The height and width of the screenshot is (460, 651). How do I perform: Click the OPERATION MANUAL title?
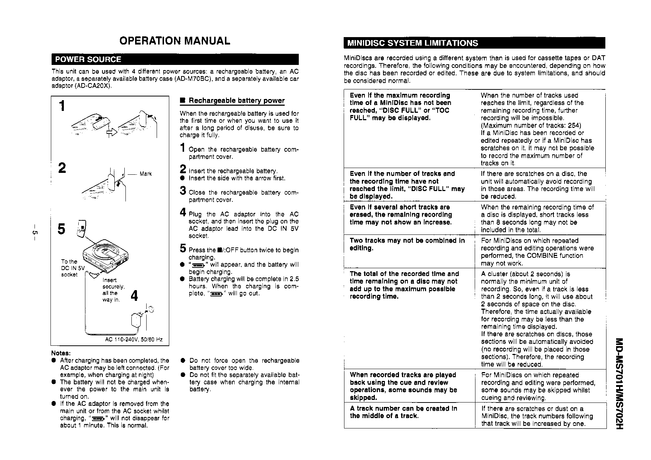coord(174,40)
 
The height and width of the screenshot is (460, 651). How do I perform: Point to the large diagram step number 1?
coord(62,106)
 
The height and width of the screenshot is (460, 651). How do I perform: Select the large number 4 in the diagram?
coord(135,296)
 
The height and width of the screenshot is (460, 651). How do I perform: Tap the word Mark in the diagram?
coord(145,174)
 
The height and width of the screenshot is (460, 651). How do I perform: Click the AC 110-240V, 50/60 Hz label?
coord(134,340)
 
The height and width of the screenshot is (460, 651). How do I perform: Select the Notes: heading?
coord(61,353)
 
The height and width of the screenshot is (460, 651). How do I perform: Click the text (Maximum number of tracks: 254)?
coord(531,125)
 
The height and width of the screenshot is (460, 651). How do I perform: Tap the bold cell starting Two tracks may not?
coord(407,244)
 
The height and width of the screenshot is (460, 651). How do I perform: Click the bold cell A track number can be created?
coord(403,412)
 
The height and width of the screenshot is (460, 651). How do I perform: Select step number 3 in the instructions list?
coord(183,191)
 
